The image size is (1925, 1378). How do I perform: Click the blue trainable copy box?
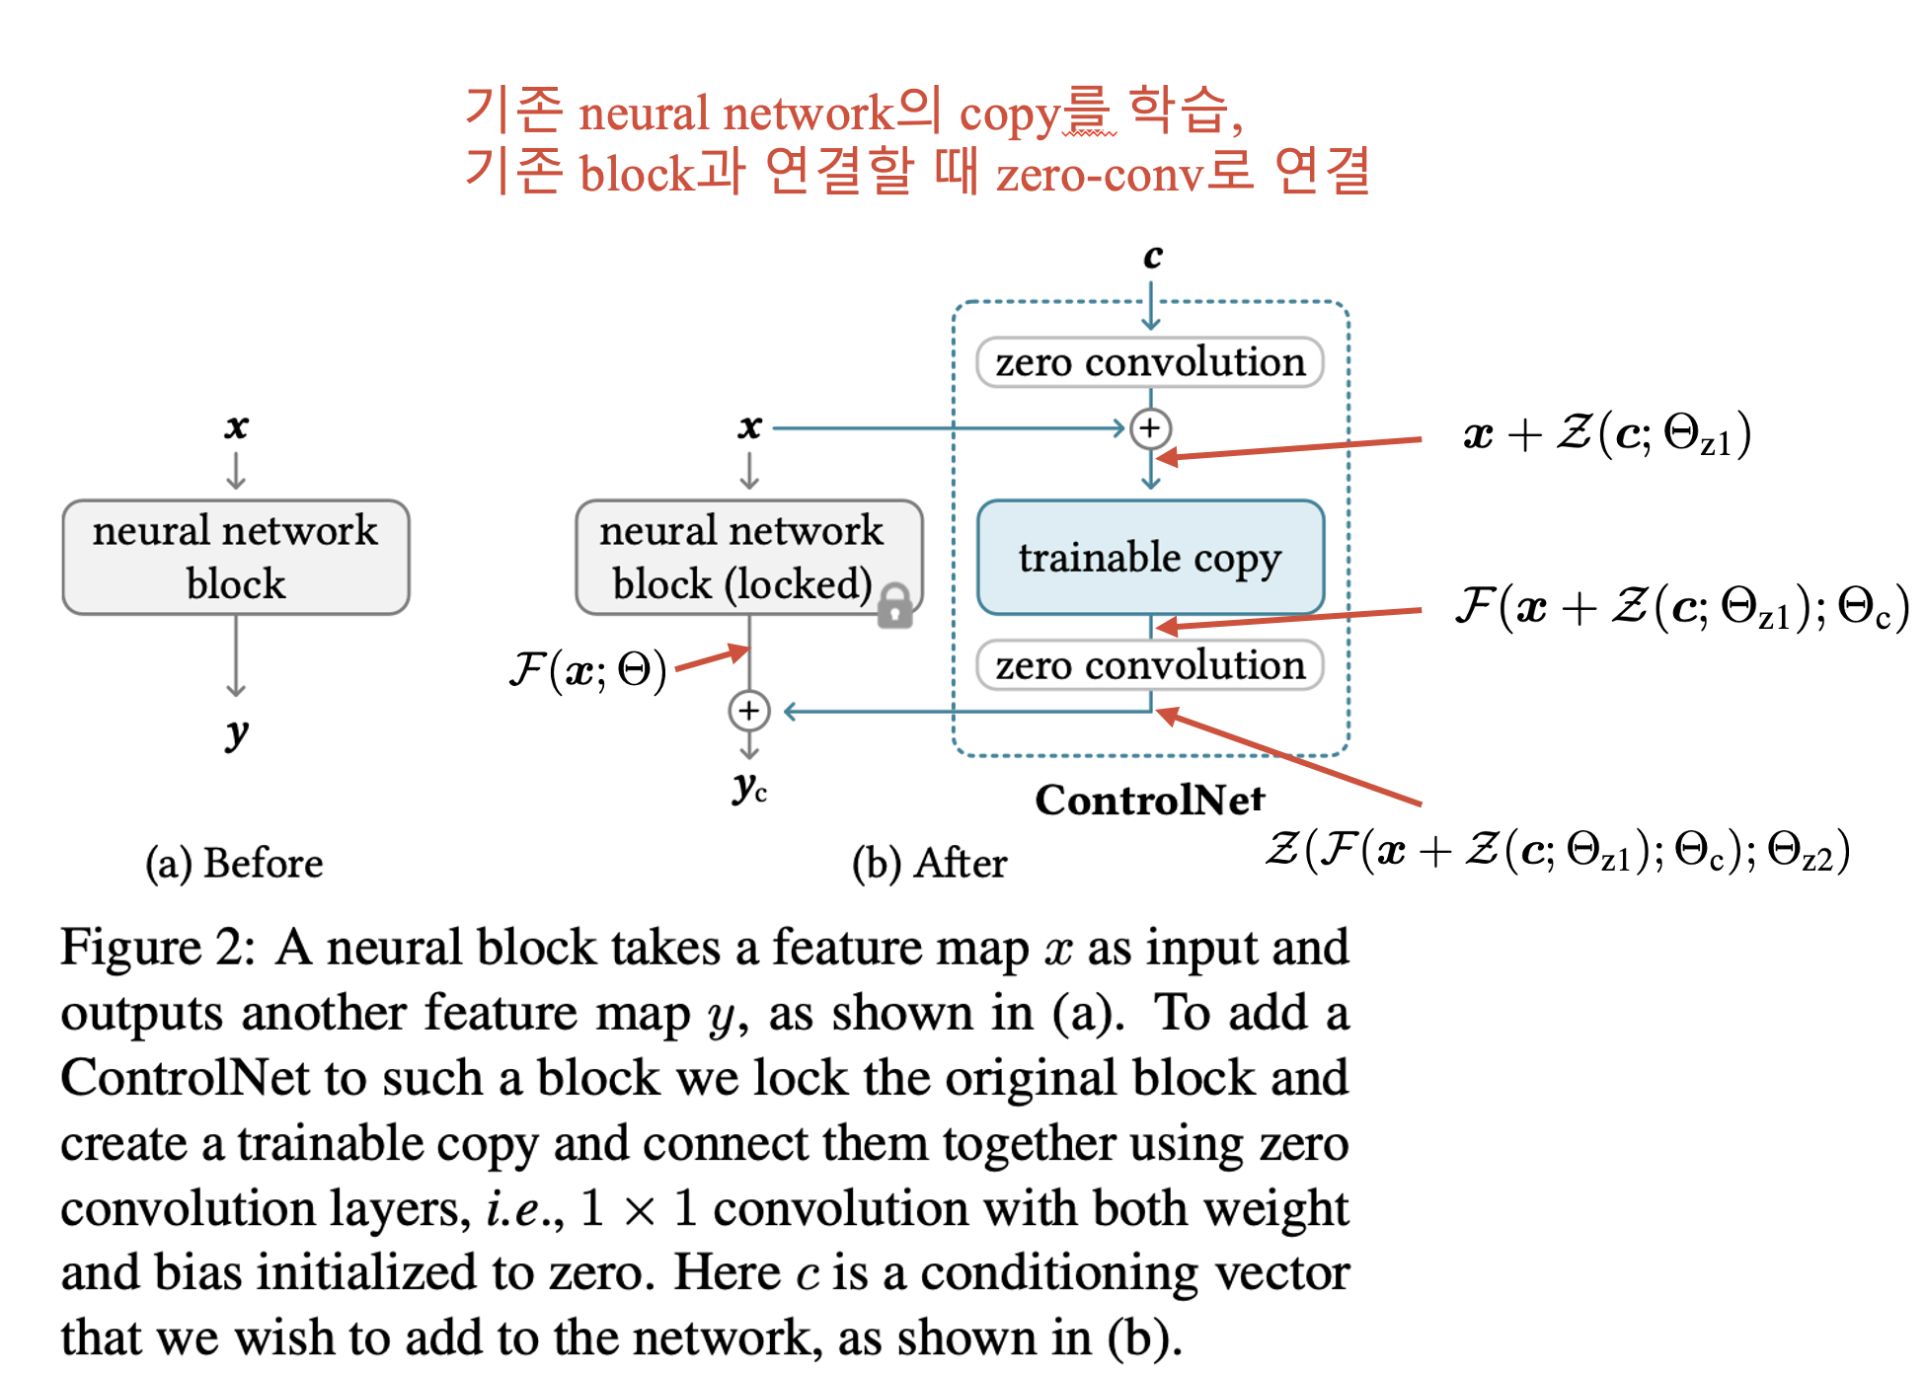1150,558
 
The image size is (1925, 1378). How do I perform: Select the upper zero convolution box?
1150,362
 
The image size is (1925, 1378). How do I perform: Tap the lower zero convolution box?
1150,665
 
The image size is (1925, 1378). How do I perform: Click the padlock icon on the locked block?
895,605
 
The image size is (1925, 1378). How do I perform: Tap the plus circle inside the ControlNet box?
1150,428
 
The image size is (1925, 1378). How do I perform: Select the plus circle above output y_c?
749,711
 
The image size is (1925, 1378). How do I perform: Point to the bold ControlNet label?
1150,800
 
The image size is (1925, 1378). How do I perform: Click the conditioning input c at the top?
1152,257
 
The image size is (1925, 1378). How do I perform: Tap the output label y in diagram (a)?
236,732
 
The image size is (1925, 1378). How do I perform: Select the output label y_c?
749,788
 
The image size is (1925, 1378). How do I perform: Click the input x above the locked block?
749,427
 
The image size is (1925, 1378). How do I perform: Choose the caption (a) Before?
234,864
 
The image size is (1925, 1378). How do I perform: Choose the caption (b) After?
929,864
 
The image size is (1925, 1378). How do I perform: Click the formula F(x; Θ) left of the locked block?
588,671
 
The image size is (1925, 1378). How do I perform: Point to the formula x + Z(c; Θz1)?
1607,434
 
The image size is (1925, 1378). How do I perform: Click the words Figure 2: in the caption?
158,948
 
